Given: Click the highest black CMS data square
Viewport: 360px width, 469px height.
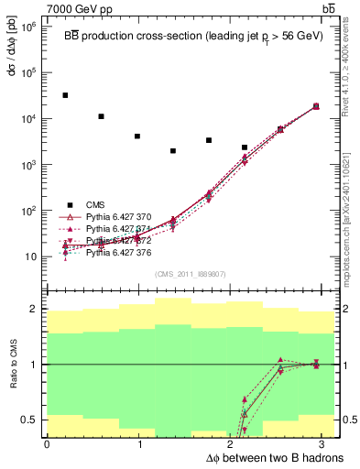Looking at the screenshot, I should coord(65,95).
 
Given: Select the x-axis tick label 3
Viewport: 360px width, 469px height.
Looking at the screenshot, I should coord(328,443).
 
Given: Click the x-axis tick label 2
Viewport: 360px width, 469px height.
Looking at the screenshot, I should coord(234,443).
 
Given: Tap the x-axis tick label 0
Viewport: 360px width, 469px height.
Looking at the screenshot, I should coord(47,443).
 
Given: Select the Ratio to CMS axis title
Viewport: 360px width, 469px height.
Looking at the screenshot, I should coord(11,364).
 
